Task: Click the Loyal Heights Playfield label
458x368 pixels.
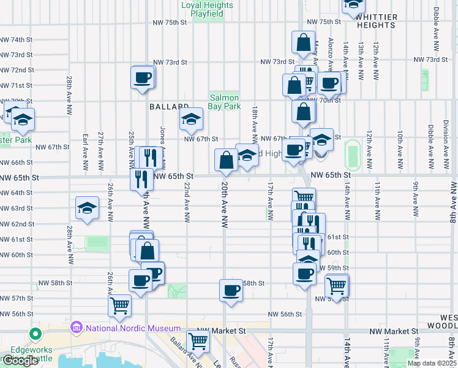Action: point(208,9)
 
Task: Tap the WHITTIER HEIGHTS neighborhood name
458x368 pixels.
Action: point(376,21)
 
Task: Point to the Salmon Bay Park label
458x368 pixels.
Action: point(225,102)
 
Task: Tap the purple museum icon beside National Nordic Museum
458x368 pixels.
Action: point(77,328)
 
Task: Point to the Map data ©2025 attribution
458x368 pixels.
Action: point(432,363)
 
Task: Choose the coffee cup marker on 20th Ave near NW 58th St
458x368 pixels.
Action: point(231,290)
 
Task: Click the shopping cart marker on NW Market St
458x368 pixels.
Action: point(198,340)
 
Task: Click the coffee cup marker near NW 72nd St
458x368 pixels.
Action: point(143,78)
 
